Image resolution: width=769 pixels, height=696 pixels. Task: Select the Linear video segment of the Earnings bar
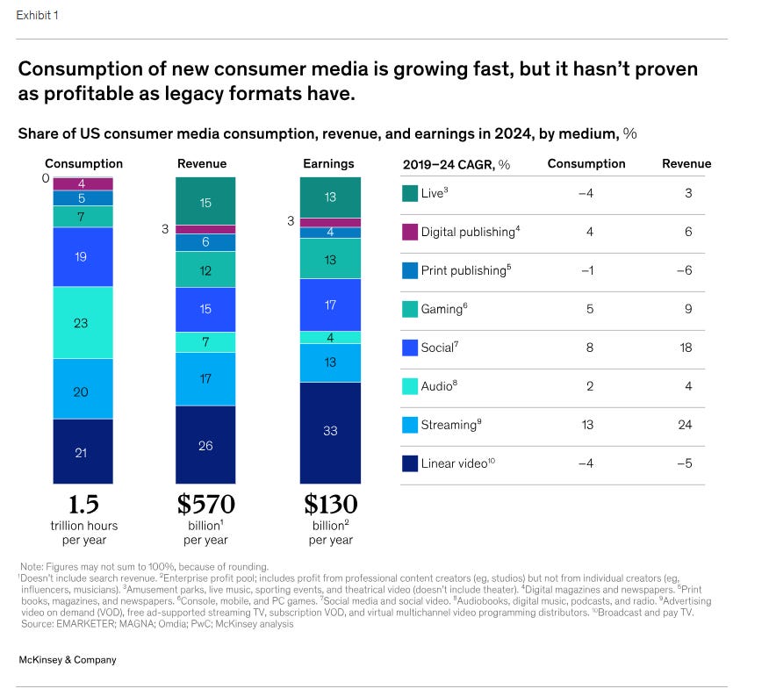tap(330, 430)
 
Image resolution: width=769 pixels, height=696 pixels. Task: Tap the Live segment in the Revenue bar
tap(205, 201)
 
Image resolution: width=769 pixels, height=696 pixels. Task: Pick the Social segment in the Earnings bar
tap(330, 305)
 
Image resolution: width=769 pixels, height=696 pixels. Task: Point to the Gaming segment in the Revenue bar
tap(205, 269)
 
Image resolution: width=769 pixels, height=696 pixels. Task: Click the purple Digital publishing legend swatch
tap(410, 232)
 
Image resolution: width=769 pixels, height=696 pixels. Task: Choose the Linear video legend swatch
tap(410, 463)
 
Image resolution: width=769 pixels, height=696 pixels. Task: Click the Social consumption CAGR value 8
tap(589, 348)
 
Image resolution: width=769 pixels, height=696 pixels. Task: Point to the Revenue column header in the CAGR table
tap(686, 164)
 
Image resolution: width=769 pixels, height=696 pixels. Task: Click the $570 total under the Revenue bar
tap(205, 505)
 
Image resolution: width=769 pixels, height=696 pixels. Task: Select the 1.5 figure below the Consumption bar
tap(83, 505)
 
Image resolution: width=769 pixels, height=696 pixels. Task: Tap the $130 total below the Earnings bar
tap(331, 505)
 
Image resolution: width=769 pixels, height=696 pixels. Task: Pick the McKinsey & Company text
tap(68, 659)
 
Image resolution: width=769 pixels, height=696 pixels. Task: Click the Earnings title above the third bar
tap(328, 163)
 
